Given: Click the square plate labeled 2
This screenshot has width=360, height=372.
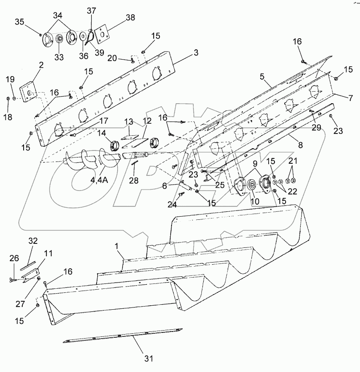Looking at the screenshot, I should click(x=28, y=92).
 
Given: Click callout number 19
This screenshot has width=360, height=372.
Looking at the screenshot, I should click(x=9, y=79).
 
